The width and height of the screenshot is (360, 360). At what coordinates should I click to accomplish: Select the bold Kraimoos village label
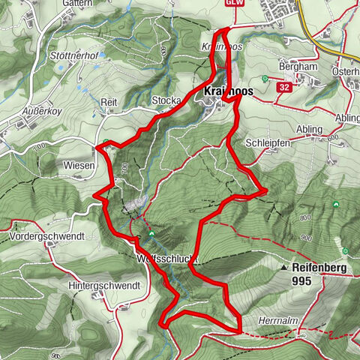(x=227, y=92)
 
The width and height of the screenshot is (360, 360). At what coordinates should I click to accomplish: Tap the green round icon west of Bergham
(x=265, y=79)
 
